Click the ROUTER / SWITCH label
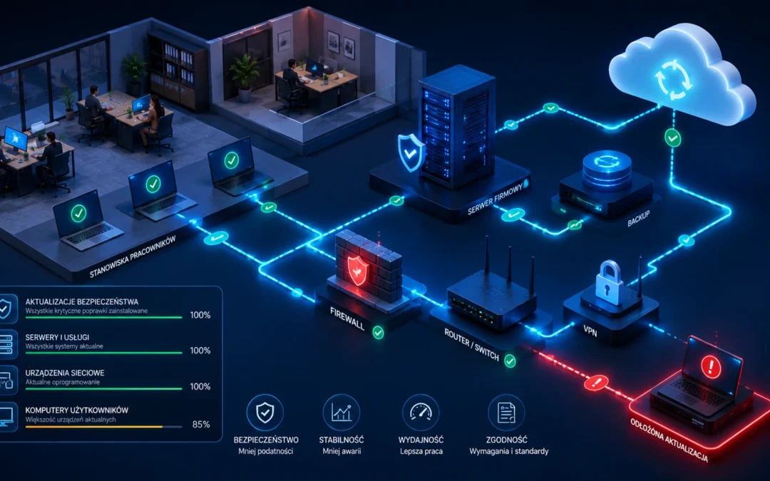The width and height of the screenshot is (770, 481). coord(471,345)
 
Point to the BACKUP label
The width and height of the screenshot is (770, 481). coord(638,219)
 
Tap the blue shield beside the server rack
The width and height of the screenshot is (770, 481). coord(411,152)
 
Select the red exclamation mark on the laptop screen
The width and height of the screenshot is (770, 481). coord(711,366)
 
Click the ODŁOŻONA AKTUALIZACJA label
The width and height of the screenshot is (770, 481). coord(669,440)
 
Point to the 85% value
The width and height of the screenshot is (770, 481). coord(201,425)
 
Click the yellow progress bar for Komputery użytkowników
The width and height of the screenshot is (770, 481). coord(94,427)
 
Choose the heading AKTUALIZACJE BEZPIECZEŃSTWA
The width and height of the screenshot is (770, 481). coord(81,302)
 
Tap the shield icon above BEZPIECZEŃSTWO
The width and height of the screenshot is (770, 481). coord(265,413)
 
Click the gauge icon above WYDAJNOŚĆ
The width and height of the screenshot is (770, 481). coord(421,413)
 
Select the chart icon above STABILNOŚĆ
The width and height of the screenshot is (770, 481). coord(342,413)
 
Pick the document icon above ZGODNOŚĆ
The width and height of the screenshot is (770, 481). coord(506,413)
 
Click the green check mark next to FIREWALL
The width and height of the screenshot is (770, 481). coord(378,333)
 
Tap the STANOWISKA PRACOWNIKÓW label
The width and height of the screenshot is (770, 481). coord(133,257)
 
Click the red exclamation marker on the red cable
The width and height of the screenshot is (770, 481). coord(596,383)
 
